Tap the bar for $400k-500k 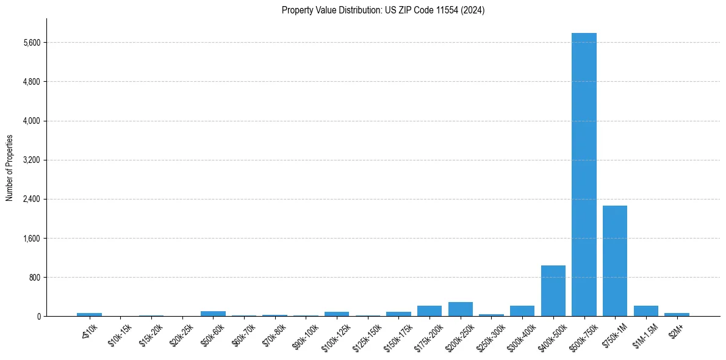click(x=553, y=291)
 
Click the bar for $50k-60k click(x=213, y=314)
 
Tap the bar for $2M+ click(x=677, y=314)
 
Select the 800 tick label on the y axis click(x=34, y=278)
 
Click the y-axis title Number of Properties click(x=9, y=168)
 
